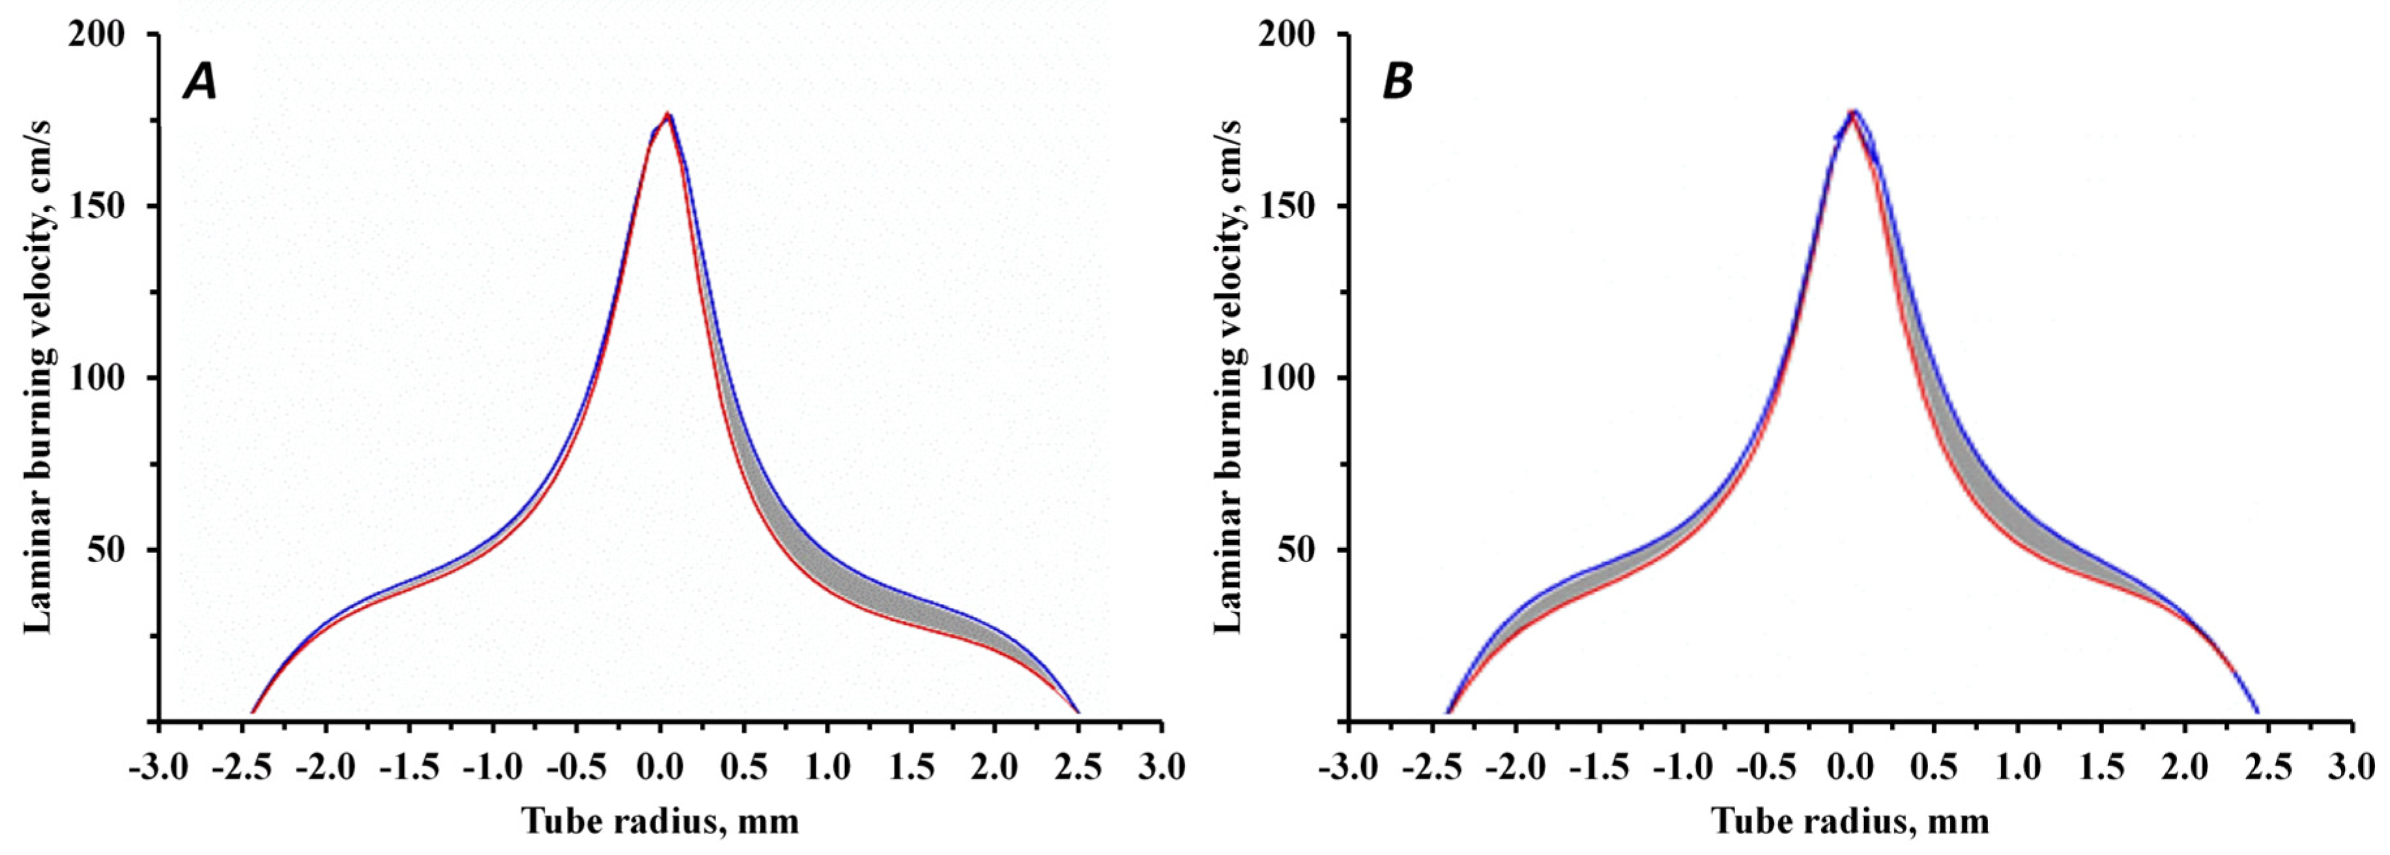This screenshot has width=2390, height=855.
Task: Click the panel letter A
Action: [x=201, y=83]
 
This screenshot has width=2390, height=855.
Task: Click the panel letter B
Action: [x=1397, y=83]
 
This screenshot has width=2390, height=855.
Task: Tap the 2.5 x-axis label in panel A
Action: [x=1078, y=768]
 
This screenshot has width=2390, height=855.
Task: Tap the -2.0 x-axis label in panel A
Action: [x=326, y=768]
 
